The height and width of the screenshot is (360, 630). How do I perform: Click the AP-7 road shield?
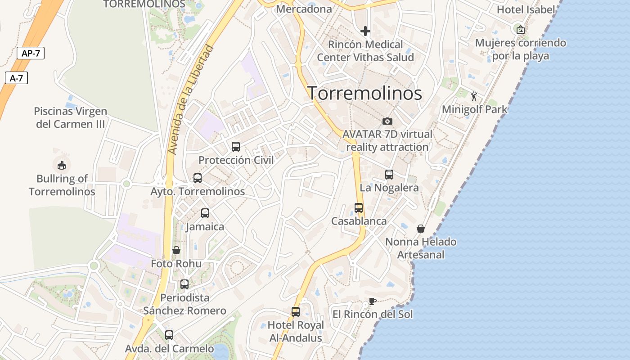[31, 53]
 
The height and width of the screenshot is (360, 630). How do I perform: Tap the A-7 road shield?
[17, 78]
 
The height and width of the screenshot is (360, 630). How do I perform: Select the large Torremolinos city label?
[365, 93]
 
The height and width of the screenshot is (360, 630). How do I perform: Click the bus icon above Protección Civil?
[236, 146]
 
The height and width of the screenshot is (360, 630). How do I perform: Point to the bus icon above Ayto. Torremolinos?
[198, 178]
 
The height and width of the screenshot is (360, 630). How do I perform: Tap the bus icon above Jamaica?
[205, 213]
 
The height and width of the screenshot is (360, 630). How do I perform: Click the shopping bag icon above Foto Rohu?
[176, 250]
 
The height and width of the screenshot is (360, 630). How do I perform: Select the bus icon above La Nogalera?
[389, 175]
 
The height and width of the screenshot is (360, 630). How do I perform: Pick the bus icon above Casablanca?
[359, 208]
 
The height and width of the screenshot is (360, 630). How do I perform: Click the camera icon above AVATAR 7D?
[387, 121]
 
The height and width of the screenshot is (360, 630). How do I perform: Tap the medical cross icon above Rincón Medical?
[365, 31]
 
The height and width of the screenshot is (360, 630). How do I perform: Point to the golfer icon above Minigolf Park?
[474, 96]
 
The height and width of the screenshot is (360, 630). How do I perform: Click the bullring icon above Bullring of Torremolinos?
[62, 165]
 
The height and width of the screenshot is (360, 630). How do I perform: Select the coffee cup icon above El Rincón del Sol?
[372, 301]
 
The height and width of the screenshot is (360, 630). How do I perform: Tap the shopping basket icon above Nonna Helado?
[421, 229]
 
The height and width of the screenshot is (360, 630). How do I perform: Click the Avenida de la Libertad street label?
[190, 100]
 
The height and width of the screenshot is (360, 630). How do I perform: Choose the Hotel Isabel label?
[526, 9]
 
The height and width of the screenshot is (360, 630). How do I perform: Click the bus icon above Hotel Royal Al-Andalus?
[296, 312]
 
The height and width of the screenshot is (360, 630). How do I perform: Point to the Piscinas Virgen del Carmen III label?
[70, 117]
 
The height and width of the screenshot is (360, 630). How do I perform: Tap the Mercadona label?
[304, 9]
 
